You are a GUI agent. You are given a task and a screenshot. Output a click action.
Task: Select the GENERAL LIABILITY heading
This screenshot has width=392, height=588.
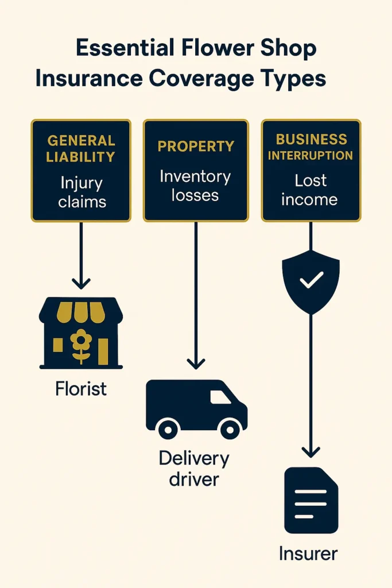[x=81, y=148]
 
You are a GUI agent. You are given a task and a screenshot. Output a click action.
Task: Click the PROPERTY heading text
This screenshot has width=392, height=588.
[x=196, y=146]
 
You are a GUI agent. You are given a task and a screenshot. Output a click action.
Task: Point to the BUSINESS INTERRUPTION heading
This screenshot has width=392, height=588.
[x=311, y=147]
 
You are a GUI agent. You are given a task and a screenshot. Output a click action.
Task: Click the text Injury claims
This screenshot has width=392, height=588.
[x=81, y=193]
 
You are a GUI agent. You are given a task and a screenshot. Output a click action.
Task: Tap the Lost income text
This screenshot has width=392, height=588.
[x=311, y=190]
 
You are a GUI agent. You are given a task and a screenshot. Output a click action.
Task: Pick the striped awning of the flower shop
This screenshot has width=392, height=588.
[x=81, y=311]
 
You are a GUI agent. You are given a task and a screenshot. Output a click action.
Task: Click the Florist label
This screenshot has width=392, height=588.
[x=81, y=389]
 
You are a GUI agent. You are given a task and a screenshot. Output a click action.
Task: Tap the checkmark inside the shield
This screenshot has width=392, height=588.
[x=311, y=280]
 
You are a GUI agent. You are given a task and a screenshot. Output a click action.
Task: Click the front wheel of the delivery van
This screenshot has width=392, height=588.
[x=230, y=428]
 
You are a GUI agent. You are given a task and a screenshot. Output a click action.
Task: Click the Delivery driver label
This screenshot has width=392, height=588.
[x=193, y=468]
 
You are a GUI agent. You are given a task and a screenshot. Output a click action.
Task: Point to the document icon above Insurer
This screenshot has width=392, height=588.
[x=311, y=500]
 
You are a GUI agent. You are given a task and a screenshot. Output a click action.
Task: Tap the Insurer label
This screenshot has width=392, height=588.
[x=308, y=554]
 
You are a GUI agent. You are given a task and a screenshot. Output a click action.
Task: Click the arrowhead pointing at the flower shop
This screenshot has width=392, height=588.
[x=81, y=283]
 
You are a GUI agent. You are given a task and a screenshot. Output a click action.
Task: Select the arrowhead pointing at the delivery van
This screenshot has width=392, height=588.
[x=196, y=363]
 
